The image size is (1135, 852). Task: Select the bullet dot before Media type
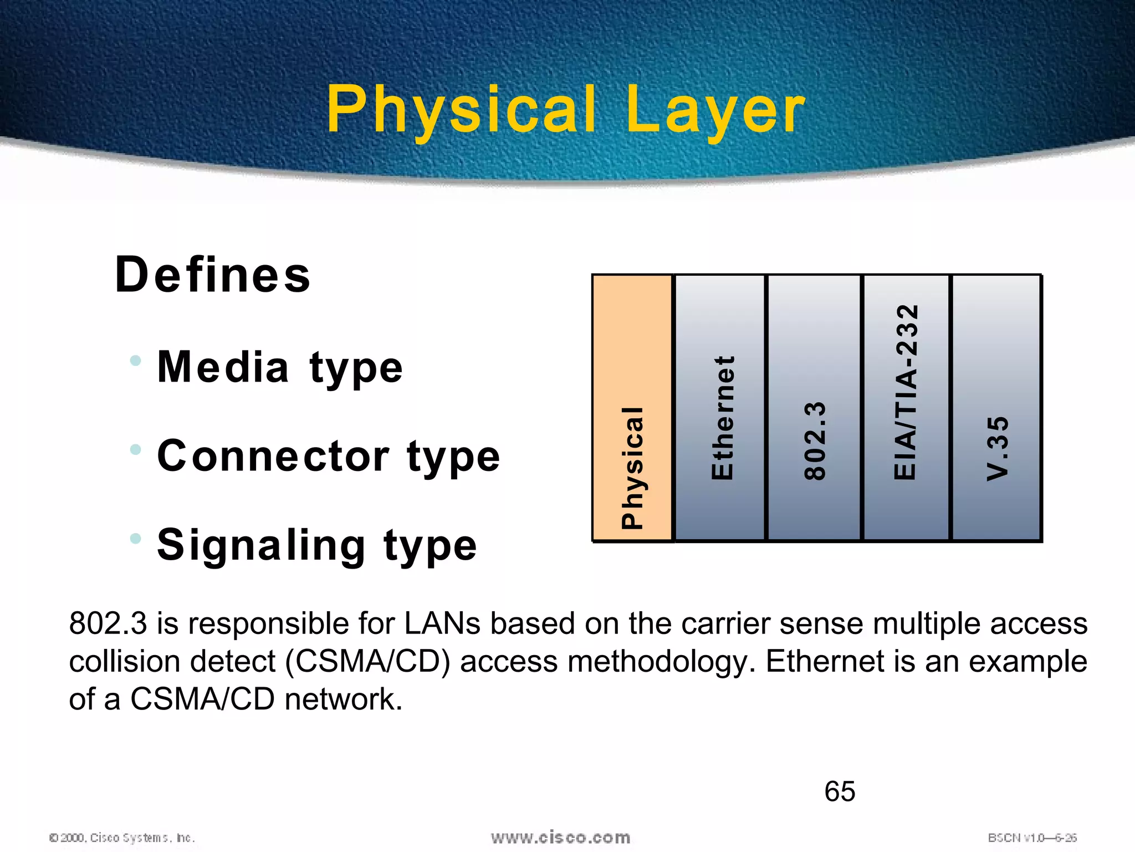135,361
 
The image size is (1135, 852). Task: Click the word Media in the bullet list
223,367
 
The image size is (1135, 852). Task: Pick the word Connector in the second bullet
273,456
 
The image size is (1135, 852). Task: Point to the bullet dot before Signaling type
135,538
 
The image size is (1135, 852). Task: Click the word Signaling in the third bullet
261,545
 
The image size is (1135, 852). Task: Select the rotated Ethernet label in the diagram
723,417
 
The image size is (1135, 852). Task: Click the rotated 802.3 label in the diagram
815,440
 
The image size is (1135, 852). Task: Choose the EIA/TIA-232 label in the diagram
906,392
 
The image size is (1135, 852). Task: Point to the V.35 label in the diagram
998,448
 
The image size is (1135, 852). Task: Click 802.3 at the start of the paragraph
108,623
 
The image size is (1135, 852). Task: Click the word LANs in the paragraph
442,623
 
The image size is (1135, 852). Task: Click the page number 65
840,791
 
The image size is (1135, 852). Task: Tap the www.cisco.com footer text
560,838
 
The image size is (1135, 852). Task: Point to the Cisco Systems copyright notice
122,838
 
